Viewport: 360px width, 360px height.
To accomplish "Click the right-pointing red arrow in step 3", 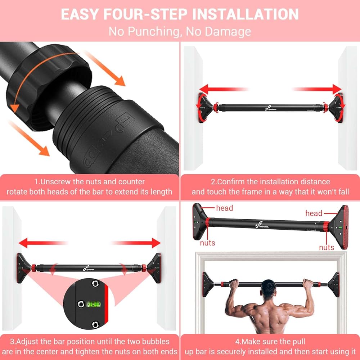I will (137, 243).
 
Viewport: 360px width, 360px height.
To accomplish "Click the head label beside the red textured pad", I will (314, 213).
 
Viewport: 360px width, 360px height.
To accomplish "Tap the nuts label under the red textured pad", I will (327, 247).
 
